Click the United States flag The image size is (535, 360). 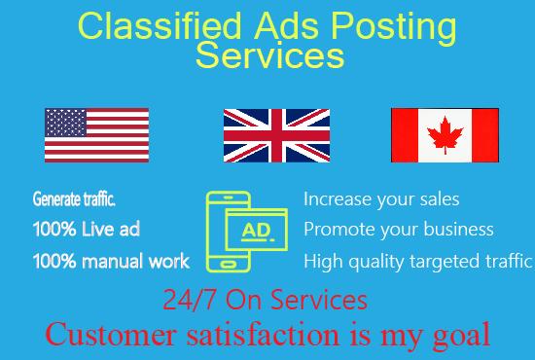96,135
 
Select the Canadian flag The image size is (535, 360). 445,135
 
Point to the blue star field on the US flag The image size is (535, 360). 66,123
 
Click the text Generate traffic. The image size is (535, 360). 74,200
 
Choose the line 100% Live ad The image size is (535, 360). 87,231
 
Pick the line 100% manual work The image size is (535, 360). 111,261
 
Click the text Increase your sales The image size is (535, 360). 381,199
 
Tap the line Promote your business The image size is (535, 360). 399,230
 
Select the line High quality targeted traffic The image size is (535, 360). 418,261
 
